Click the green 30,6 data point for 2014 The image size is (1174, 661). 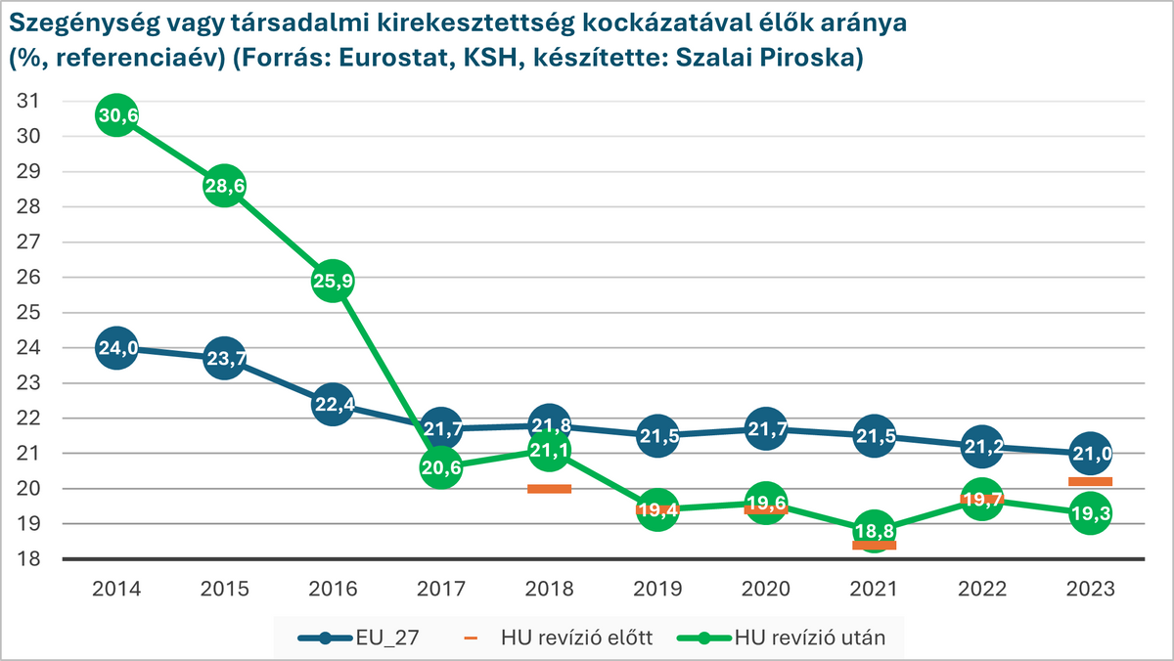pyautogui.click(x=115, y=115)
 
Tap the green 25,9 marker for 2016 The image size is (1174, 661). pyautogui.click(x=333, y=282)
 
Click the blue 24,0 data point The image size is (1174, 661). pyautogui.click(x=115, y=348)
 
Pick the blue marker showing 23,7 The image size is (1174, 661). pyautogui.click(x=224, y=359)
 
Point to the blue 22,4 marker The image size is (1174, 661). pyautogui.click(x=333, y=405)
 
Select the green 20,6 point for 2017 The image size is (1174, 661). pyautogui.click(x=441, y=468)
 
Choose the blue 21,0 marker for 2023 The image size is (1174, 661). pyautogui.click(x=1091, y=454)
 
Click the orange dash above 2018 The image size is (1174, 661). pyautogui.click(x=549, y=489)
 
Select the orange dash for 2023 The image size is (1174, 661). pyautogui.click(x=1091, y=481)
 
